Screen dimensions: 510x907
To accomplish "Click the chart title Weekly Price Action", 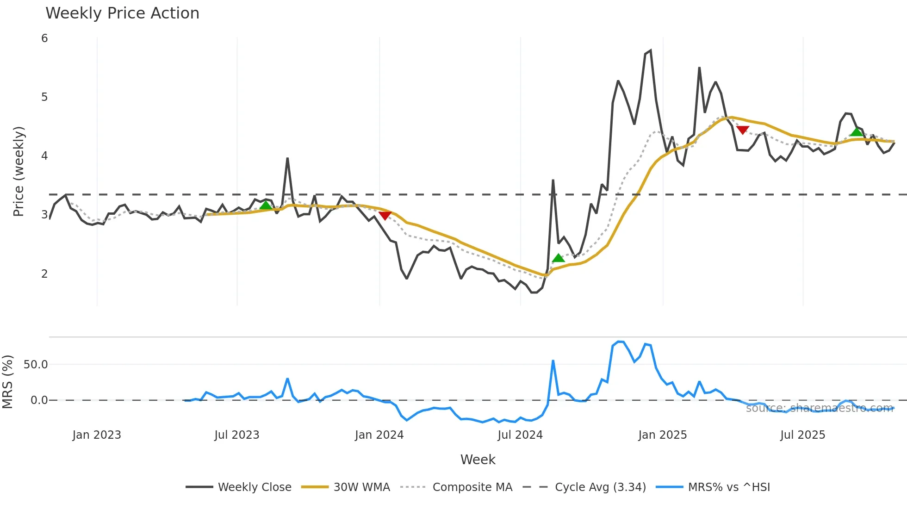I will (x=122, y=13).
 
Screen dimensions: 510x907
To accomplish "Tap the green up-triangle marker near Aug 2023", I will (x=266, y=205).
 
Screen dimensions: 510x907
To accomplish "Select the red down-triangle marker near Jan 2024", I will (x=385, y=215).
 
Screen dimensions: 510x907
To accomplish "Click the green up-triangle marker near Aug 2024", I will (x=559, y=258).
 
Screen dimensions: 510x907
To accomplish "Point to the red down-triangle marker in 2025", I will (x=743, y=130).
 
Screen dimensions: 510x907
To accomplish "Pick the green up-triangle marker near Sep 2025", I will (x=857, y=132).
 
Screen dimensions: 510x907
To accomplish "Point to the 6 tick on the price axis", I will (x=44, y=38).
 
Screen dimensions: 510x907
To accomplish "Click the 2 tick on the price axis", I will (x=44, y=274).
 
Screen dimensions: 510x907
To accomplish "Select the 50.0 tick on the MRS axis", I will (x=36, y=365).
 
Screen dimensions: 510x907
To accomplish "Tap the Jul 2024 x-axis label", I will (x=520, y=435).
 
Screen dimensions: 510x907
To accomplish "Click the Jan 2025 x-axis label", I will (x=662, y=435).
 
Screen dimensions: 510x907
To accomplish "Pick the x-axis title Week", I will (x=478, y=460).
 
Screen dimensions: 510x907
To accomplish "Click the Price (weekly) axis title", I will (x=19, y=171).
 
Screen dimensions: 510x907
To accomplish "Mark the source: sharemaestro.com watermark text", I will (x=819, y=408).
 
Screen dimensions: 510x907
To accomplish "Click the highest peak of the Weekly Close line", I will (x=651, y=50).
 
